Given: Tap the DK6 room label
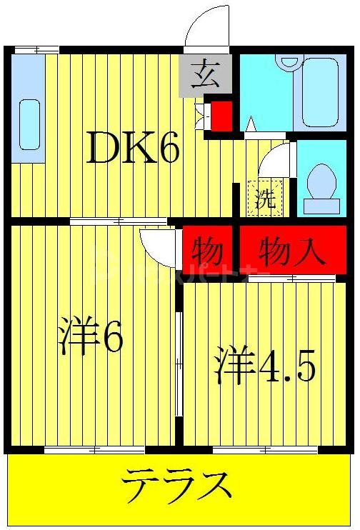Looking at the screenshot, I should point(133,147).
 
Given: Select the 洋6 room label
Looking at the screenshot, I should point(91,336).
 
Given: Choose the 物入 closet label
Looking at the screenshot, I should point(292,251).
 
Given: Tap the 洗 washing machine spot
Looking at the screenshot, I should point(265,198).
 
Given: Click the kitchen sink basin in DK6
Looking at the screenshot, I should point(29,125).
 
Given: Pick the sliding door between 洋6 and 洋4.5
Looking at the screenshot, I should point(179,357).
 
